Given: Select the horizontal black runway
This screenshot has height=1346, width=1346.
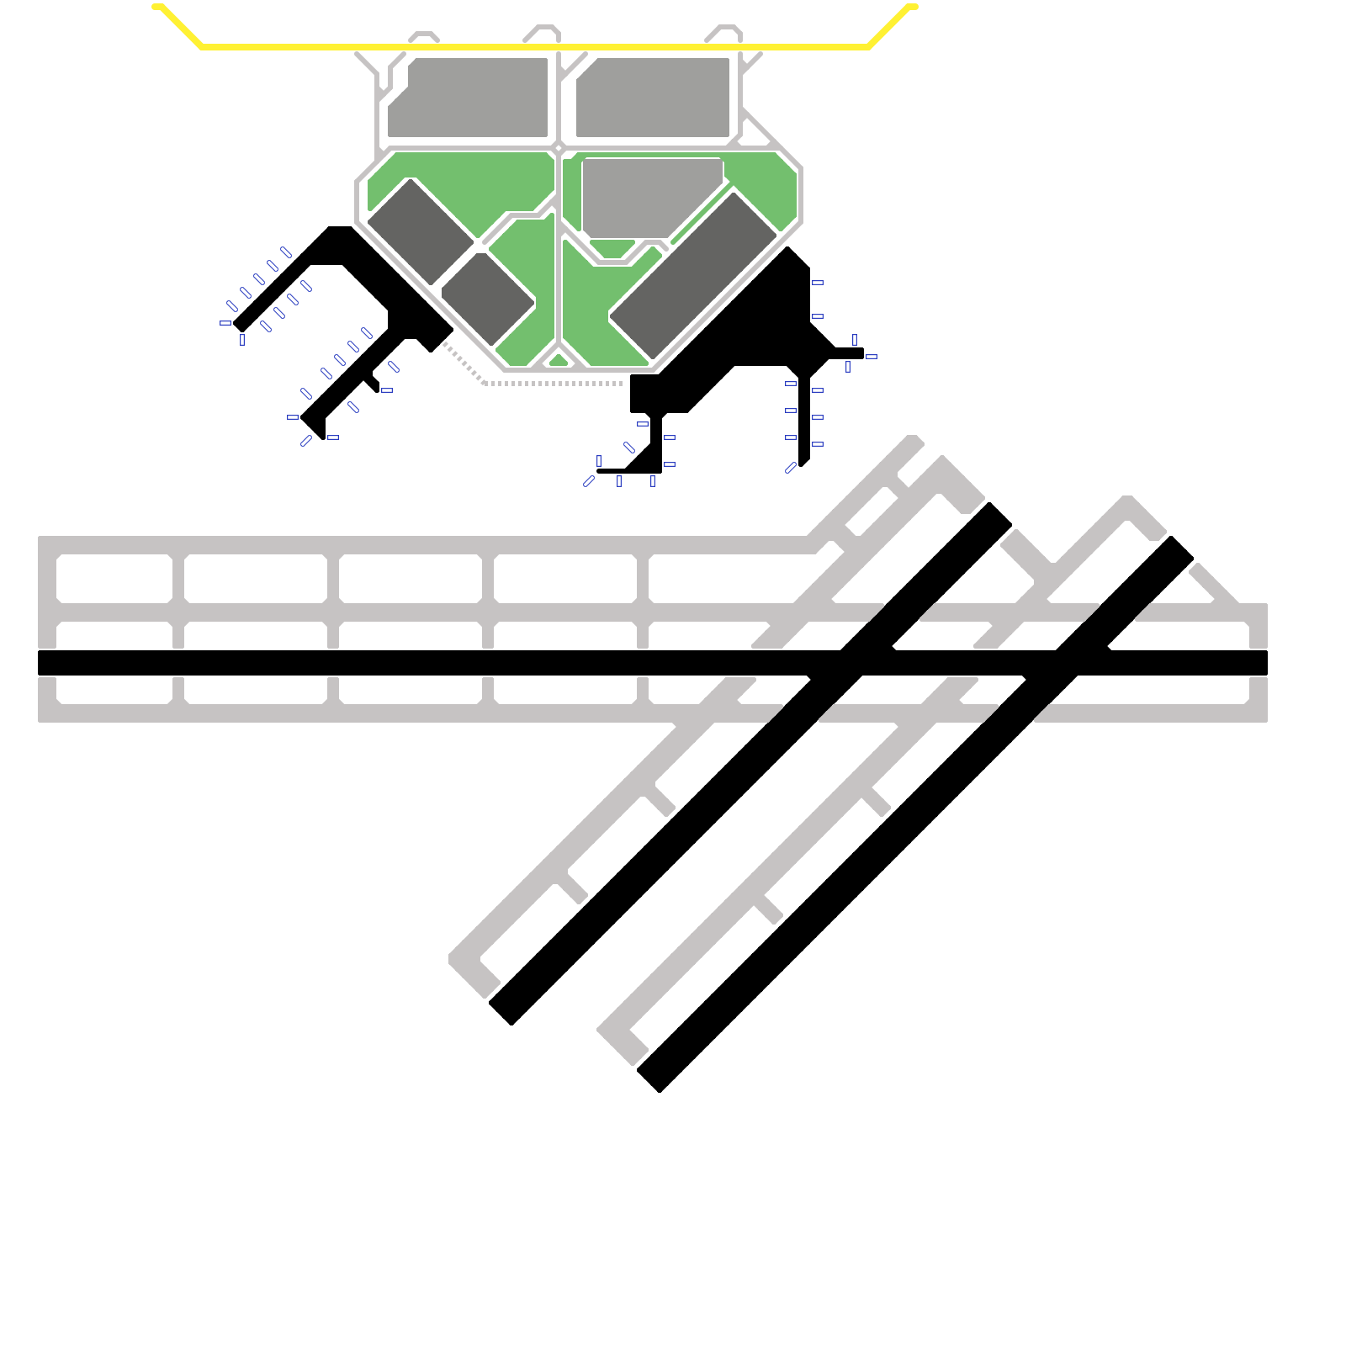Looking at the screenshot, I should (336, 663).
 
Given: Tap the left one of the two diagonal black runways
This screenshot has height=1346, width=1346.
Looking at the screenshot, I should (673, 841).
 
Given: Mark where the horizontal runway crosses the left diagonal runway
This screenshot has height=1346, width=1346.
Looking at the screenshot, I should (851, 663).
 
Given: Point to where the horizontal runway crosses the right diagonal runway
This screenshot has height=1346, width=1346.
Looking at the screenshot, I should (1067, 663).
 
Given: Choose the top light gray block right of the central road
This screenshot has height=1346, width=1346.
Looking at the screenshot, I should (653, 97).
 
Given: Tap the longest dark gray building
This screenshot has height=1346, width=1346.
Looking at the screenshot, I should (693, 276).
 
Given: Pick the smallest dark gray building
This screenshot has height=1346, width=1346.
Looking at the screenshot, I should (488, 299).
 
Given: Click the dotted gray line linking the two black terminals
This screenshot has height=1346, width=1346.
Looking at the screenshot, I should (555, 384).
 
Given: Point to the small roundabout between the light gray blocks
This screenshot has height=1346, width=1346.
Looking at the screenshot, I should (558, 148).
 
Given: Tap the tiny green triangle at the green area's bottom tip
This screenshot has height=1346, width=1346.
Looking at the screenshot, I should (559, 361).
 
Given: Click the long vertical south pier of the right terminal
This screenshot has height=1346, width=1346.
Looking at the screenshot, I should (804, 421).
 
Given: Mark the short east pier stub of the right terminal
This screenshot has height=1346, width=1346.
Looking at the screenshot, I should (848, 353).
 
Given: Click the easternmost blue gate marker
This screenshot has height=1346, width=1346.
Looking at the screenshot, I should (872, 357).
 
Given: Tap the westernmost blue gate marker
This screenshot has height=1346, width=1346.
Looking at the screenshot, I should (225, 323).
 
